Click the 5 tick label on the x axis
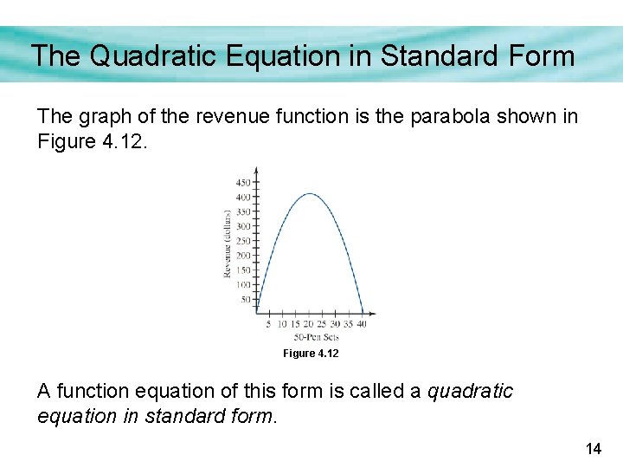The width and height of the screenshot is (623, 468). (269, 324)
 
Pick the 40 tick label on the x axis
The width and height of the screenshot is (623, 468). (361, 324)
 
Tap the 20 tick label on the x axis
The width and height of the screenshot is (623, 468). (308, 324)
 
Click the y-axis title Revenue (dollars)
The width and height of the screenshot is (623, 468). (228, 244)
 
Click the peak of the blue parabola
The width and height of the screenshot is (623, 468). (310, 193)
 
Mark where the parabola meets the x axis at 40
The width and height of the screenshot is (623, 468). (363, 314)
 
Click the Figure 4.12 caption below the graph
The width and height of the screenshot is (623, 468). (311, 354)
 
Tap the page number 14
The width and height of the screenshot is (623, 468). (594, 449)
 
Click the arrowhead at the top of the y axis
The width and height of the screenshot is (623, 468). (256, 170)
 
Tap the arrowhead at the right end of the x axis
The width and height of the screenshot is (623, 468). (373, 314)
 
